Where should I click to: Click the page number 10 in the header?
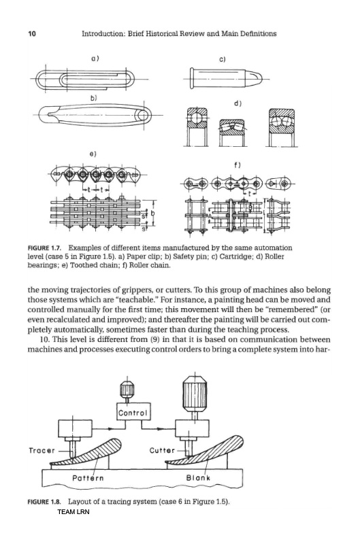point(31,33)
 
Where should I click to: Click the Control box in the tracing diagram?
point(133,411)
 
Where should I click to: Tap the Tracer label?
point(42,451)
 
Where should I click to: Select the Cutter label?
point(162,450)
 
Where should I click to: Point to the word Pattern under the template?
point(88,478)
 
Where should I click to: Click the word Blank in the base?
point(198,478)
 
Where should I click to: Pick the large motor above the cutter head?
point(195,394)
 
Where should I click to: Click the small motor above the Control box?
point(127,390)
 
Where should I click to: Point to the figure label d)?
point(238,103)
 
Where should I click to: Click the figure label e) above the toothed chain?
point(93,154)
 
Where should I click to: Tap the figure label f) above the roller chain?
point(238,165)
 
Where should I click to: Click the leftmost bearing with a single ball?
point(197,126)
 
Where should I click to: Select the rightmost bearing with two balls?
point(282,127)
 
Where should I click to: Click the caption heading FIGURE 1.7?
point(44,248)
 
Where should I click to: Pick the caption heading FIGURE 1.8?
point(44,502)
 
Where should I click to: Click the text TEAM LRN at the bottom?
point(73,512)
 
